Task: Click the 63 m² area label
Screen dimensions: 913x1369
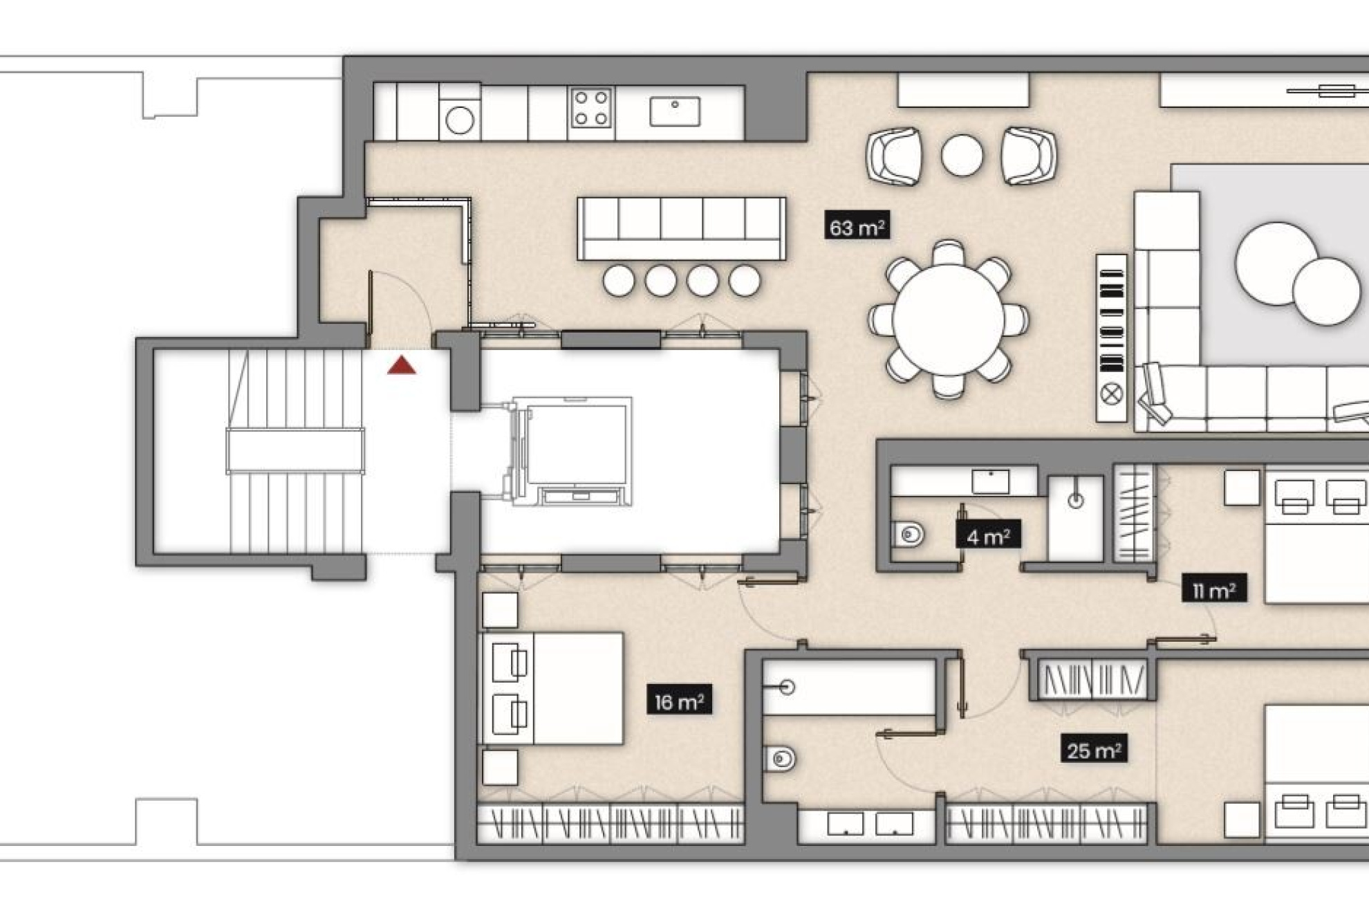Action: tap(857, 227)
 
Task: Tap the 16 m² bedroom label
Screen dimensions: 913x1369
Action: tap(679, 701)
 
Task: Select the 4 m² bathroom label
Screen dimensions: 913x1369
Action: tap(988, 536)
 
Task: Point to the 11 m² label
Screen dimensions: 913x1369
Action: tap(1213, 590)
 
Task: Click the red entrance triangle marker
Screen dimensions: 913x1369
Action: tap(402, 366)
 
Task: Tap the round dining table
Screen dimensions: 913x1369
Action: tap(948, 320)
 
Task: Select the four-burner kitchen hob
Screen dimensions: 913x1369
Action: tap(591, 108)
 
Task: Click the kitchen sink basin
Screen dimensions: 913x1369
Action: tap(674, 111)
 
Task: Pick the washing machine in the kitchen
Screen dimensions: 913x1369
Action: tap(460, 120)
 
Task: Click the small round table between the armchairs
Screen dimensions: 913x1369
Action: tap(961, 155)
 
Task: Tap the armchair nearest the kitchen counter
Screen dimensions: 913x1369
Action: tap(895, 156)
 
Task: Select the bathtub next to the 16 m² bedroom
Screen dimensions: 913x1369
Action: tap(849, 687)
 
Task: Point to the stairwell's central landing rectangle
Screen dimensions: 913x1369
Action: tap(295, 450)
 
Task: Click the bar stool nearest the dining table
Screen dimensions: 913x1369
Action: tap(745, 281)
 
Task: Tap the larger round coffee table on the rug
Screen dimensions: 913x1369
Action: tap(1276, 263)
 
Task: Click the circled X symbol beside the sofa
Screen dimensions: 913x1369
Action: tap(1111, 394)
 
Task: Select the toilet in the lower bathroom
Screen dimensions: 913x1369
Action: tap(781, 759)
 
